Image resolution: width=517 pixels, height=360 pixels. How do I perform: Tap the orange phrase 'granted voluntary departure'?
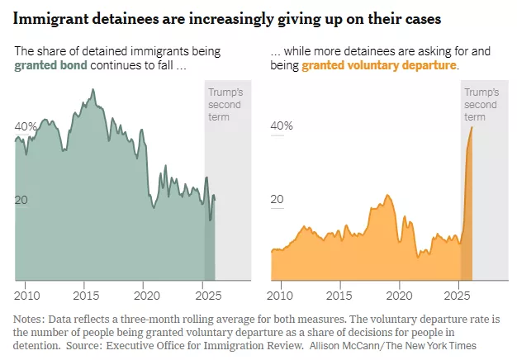click(379, 65)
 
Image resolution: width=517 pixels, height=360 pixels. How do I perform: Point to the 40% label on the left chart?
click(26, 126)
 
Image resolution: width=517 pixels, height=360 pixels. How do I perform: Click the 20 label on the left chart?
click(22, 200)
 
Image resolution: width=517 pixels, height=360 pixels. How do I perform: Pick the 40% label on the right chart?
click(282, 126)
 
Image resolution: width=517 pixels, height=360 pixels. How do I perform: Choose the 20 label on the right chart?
click(278, 200)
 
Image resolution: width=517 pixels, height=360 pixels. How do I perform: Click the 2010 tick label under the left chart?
click(27, 296)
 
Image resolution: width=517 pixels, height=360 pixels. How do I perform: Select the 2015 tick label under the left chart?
click(87, 296)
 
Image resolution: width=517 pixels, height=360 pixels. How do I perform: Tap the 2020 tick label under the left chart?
click(146, 296)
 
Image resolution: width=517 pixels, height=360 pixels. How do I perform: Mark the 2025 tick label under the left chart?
click(206, 296)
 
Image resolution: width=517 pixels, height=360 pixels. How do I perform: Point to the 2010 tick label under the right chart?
click(283, 296)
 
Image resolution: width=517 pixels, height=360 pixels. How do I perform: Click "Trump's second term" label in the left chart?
click(225, 105)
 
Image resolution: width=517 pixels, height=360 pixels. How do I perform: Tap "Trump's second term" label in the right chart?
click(481, 105)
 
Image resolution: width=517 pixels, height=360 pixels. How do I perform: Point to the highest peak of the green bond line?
click(92, 89)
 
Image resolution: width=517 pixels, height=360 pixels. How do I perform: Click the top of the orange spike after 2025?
click(472, 127)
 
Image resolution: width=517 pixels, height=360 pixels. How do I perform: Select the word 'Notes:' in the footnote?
click(30, 320)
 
